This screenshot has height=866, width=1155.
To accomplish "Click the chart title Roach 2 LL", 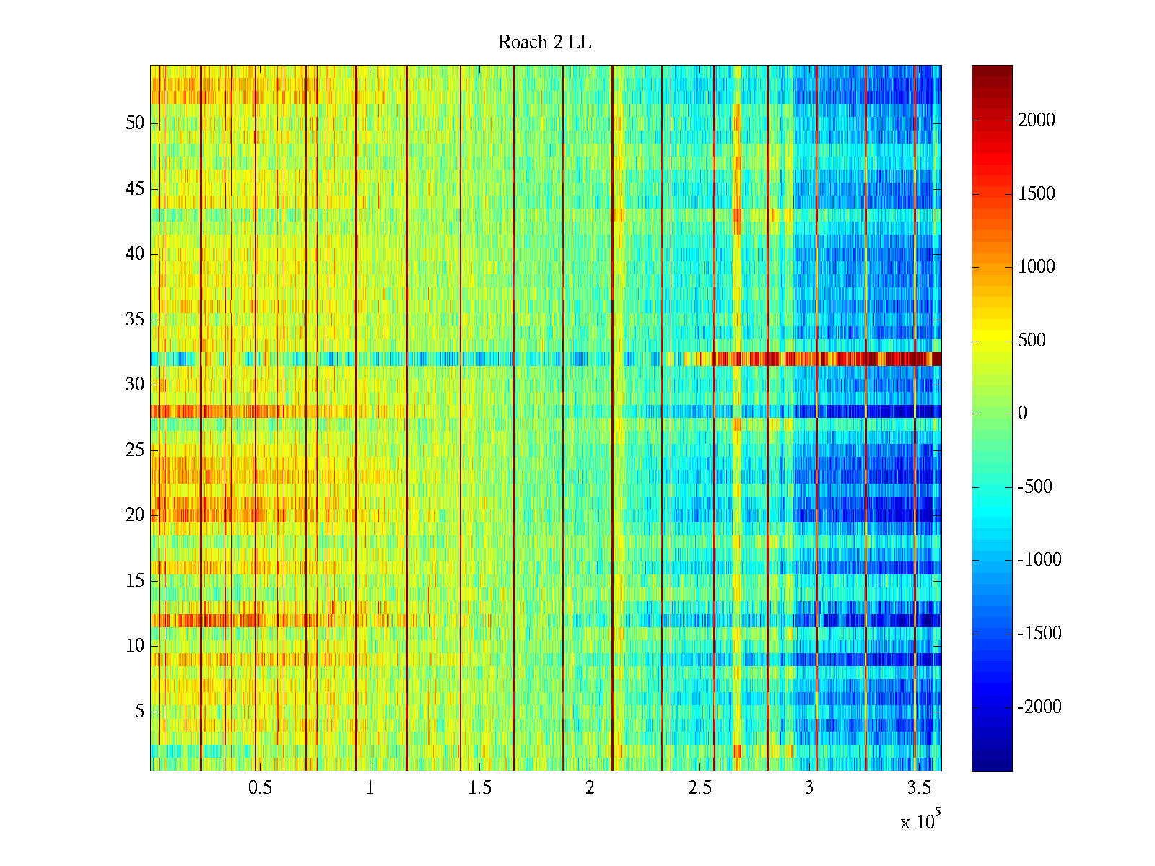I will tap(544, 43).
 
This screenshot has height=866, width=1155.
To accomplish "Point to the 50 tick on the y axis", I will tap(135, 123).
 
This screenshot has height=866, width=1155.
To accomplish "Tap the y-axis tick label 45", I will tap(135, 189).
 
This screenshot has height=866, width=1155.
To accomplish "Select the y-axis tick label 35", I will tap(135, 320).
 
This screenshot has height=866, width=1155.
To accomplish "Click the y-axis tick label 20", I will tap(135, 515).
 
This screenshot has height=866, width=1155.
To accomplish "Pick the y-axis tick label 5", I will tap(139, 712).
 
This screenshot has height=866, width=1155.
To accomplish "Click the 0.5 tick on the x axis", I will tap(260, 788).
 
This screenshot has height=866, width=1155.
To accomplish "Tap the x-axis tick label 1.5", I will tap(480, 788).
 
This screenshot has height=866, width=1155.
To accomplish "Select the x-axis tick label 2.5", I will tap(699, 788).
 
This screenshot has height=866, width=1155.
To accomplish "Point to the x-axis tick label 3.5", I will tap(919, 788).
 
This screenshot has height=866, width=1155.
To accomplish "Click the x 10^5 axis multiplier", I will tap(920, 821).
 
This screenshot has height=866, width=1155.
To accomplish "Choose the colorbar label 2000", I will tap(1037, 121).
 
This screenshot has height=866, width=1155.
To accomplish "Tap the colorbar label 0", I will tap(1022, 414).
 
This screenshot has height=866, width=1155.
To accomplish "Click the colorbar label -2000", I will tap(1039, 707).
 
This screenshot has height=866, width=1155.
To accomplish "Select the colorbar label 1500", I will tap(1037, 194).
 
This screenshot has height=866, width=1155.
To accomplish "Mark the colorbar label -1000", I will tap(1039, 561).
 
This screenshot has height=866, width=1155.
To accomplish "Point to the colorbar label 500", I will tap(1032, 341).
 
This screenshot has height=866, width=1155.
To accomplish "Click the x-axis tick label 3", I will tap(809, 788).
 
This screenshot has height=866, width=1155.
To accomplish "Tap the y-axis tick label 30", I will tap(135, 385).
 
